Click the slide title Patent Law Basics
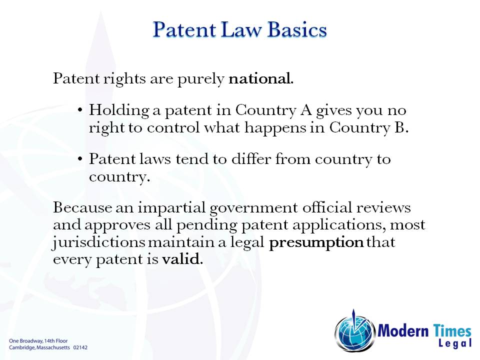[x=240, y=30]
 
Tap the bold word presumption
[x=316, y=243]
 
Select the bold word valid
[x=182, y=259]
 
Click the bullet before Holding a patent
[x=80, y=109]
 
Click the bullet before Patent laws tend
[x=80, y=159]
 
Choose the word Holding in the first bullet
[x=114, y=110]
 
